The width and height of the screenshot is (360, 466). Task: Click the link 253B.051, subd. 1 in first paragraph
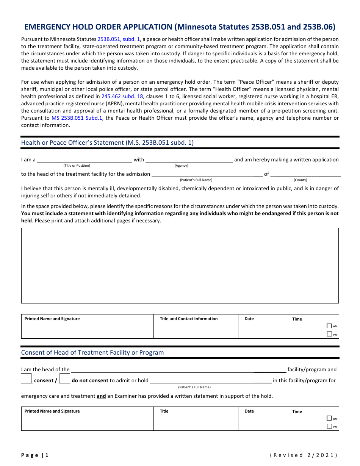pos(119,39)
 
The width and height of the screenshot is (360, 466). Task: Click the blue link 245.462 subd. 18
pos(122,96)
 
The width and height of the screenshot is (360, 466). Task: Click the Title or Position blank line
pos(84,160)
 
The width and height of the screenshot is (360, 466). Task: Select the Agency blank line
pos(189,160)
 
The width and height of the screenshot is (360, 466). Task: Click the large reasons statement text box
pos(180,265)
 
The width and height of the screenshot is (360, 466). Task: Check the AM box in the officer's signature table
pos(329,326)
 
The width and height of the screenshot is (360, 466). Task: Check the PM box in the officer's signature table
pos(329,334)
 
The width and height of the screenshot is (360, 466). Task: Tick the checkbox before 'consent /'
pos(26,378)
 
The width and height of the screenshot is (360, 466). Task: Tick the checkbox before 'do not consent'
pos(65,378)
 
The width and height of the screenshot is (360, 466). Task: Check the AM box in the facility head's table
pos(329,418)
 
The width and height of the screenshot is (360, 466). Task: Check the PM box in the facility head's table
pos(329,427)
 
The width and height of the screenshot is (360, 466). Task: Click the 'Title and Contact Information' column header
pos(189,319)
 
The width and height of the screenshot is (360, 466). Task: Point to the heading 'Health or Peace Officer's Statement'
pos(107,142)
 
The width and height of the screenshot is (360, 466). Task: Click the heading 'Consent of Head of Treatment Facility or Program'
pos(92,352)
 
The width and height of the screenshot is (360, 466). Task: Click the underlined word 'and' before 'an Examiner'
pos(101,396)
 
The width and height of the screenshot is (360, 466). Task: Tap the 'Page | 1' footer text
pos(35,455)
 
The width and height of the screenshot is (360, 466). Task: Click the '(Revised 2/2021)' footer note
pos(303,455)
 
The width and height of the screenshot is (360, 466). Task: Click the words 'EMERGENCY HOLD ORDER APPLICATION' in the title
pos(98,27)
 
